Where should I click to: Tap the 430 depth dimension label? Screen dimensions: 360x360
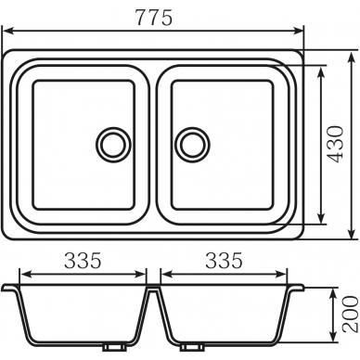[336, 144]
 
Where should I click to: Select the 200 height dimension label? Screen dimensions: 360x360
[351, 314]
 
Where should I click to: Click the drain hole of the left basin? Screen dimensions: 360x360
[113, 145]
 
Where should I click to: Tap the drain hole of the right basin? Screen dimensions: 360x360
[192, 145]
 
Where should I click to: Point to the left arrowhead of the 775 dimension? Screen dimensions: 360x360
[7, 31]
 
